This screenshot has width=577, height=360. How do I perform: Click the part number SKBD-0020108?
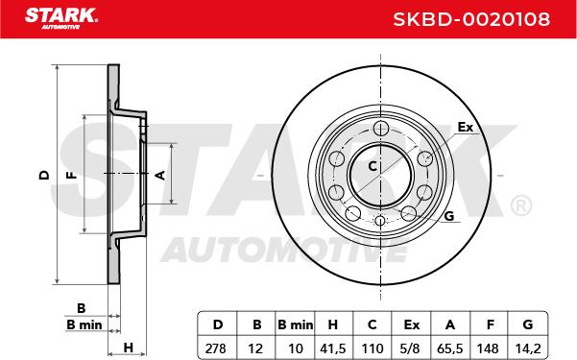point(471,19)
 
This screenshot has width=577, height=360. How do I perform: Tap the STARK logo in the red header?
point(61,18)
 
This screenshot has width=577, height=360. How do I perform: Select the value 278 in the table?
point(216,348)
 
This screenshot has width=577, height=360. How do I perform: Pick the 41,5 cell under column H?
point(333,348)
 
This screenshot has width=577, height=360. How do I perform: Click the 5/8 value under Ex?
point(411,348)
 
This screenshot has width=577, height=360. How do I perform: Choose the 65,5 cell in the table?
point(449,348)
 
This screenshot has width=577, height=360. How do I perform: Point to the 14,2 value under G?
point(528,348)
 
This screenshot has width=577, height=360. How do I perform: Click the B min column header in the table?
point(295,324)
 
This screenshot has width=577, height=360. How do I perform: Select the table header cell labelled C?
point(373,324)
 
